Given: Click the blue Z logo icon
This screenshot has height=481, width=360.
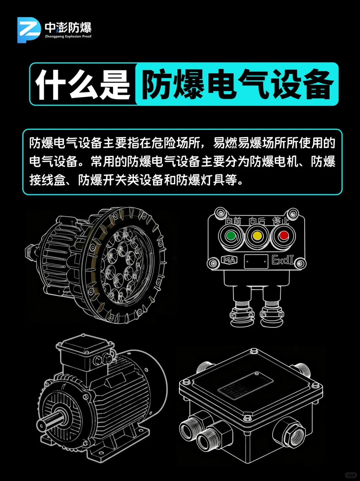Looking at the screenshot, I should (29, 30).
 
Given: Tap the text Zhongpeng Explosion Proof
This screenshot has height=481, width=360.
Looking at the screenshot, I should (68, 36).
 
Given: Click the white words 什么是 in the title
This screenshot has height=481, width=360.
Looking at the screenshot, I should (82, 85).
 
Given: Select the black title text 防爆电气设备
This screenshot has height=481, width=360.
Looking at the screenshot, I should (237, 85).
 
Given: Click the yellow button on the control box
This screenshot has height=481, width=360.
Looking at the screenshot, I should (257, 236).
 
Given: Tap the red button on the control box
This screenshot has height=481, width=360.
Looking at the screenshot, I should (284, 236).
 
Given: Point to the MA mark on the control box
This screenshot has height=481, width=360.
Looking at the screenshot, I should (229, 260).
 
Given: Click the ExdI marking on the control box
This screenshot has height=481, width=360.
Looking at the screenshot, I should (283, 260).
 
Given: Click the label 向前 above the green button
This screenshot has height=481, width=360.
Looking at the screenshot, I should (233, 221).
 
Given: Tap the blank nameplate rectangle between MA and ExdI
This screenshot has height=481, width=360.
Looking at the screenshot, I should (256, 262).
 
